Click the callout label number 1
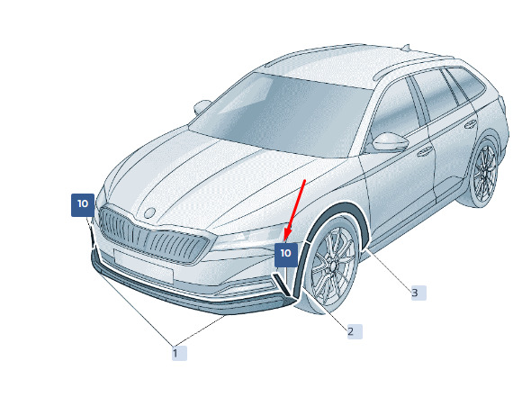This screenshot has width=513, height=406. [x=179, y=353]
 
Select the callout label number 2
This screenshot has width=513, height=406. [x=355, y=332]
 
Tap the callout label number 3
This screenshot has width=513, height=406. [x=418, y=293]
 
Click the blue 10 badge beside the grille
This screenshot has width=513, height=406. [x=83, y=204]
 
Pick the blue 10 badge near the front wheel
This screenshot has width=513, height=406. [x=286, y=255]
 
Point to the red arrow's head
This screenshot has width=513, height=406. [x=287, y=236]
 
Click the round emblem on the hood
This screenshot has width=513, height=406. [x=149, y=213]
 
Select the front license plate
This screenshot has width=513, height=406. [x=143, y=265]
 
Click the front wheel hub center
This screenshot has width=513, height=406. [x=333, y=266]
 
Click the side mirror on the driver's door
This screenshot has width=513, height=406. [x=390, y=142]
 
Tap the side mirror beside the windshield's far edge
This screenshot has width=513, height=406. [x=202, y=106]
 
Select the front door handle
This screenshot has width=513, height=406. [x=424, y=151]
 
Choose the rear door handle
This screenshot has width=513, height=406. [x=471, y=124]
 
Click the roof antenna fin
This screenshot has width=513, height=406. [x=406, y=48]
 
